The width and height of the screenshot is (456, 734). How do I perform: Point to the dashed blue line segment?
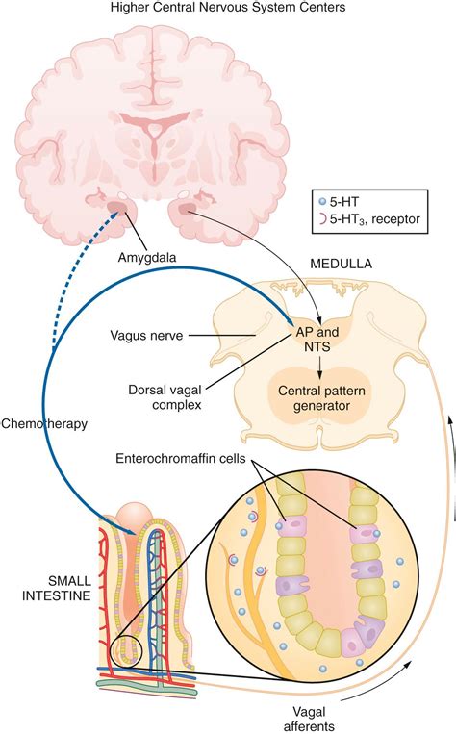coord(87,279)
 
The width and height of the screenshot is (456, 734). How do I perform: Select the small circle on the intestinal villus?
coord(125,652)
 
